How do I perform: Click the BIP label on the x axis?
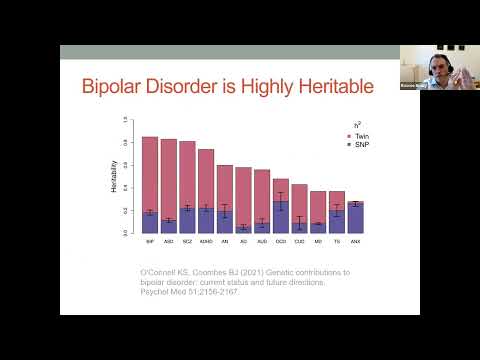pos(150,241)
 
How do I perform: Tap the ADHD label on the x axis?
pos(205,241)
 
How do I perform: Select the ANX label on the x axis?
pos(355,241)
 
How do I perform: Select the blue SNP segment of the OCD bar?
pos(281,222)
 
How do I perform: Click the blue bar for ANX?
pos(355,218)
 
